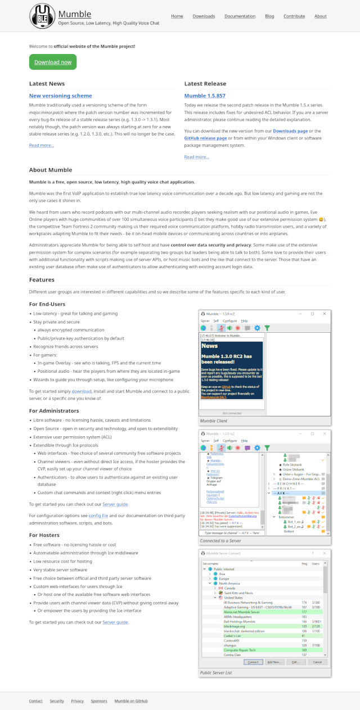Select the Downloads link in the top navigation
pos(204,16)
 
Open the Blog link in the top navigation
pos(269,16)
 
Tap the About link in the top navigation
pos(321,16)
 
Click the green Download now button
pos(53,62)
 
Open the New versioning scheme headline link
pos(60,96)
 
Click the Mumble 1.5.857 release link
pos(205,96)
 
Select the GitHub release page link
pos(206,138)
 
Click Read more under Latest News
pos(42,145)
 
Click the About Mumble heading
pos(51,170)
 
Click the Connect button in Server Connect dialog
pos(253,662)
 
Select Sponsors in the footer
pos(99,701)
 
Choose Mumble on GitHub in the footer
pos(131,701)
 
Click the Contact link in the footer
pos(36,701)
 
